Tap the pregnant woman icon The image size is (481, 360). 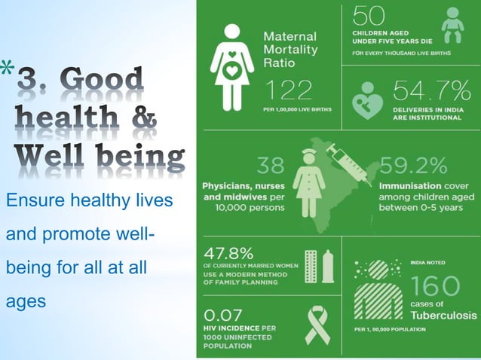231,66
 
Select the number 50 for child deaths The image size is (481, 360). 369,16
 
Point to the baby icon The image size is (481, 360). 453,26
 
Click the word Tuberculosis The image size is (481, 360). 440,314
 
